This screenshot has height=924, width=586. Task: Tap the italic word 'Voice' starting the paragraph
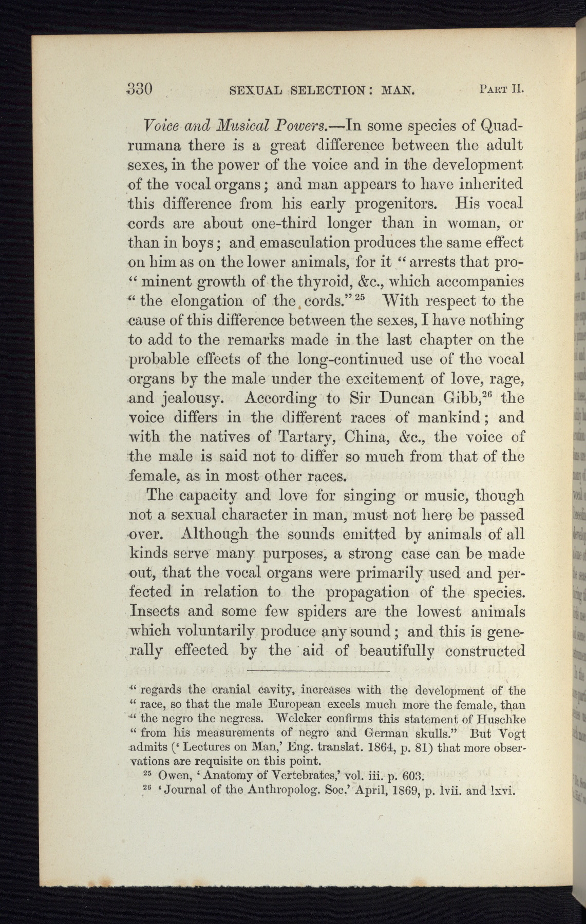point(147,125)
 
